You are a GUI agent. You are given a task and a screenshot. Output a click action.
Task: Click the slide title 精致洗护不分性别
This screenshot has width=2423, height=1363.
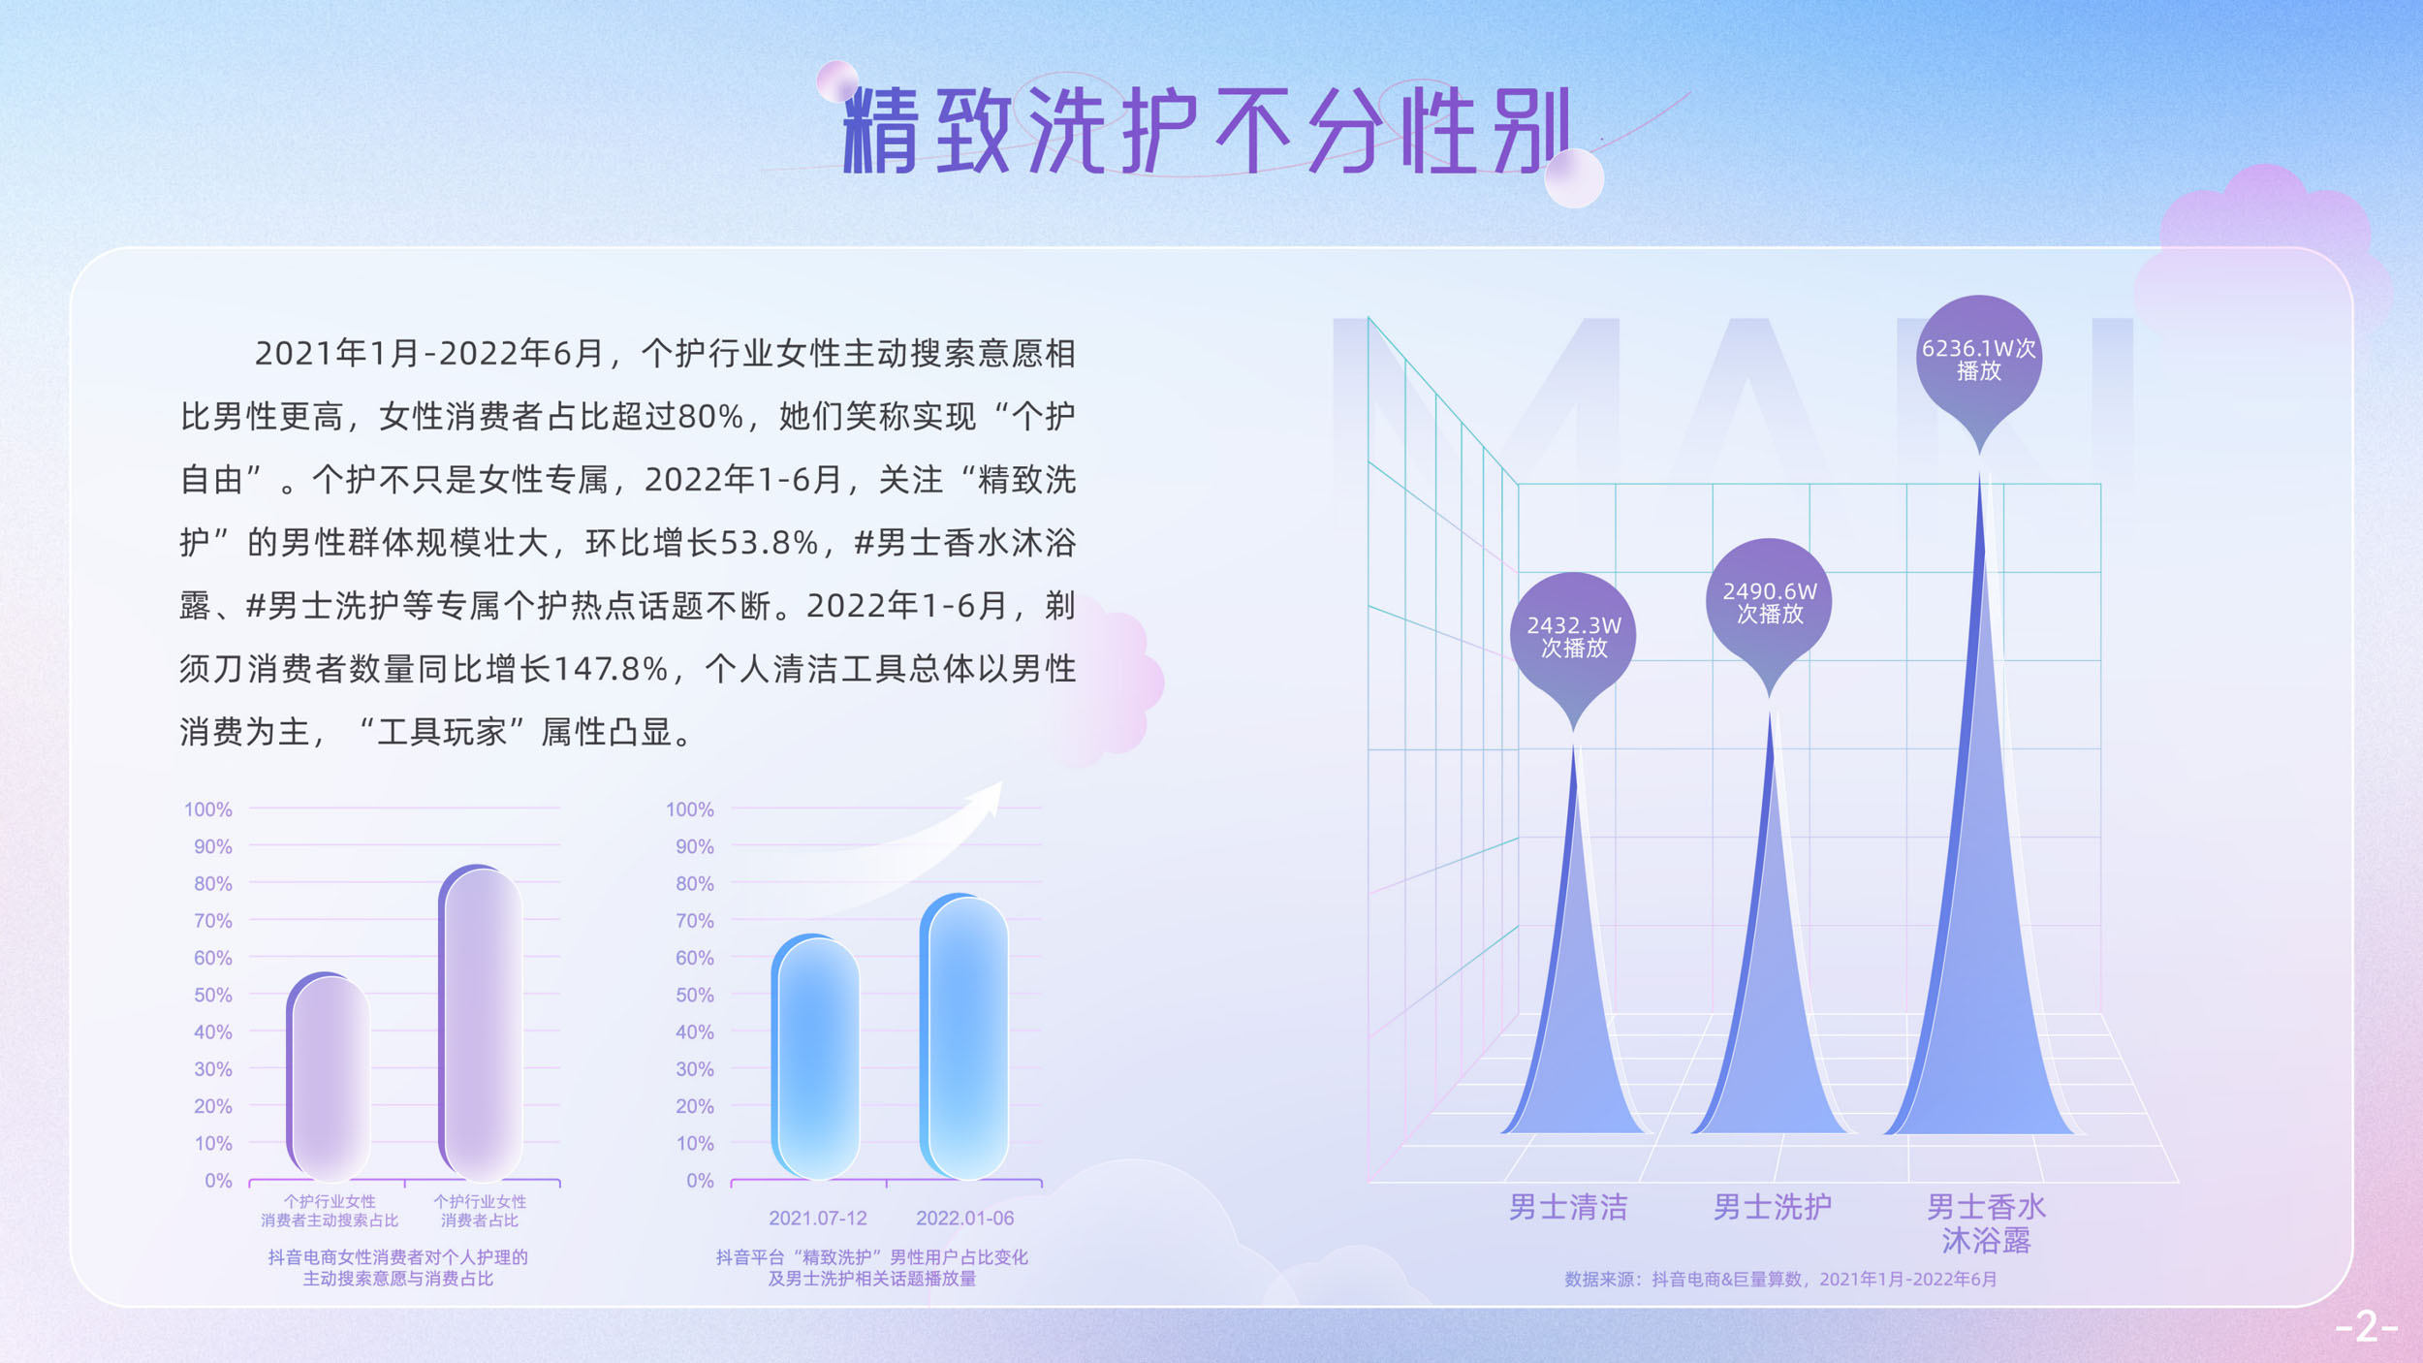tap(1207, 131)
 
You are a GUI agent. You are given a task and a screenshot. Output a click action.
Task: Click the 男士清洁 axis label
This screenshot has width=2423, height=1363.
tap(1568, 1207)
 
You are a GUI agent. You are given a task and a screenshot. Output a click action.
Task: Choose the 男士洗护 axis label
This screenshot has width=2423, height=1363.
tap(1773, 1207)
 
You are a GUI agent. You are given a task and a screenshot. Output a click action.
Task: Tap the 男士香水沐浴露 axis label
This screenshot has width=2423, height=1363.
tap(1986, 1223)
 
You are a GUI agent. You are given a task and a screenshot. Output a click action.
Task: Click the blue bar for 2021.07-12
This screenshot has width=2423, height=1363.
tap(815, 1057)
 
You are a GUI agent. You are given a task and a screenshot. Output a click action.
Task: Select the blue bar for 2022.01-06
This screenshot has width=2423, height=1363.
tap(964, 1036)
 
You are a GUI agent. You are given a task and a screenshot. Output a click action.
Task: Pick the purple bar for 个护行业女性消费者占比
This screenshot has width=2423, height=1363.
tap(480, 1022)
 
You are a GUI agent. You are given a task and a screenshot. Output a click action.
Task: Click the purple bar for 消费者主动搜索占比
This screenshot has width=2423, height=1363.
tap(329, 1075)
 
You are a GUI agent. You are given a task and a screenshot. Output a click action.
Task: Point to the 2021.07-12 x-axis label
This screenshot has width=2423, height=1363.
tap(817, 1218)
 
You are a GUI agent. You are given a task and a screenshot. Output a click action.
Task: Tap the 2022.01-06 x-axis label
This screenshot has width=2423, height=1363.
tap(964, 1218)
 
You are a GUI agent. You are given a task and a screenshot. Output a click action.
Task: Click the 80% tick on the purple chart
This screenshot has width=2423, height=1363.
tap(212, 883)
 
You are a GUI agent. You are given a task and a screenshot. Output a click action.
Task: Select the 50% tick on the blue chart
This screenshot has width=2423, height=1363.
tap(694, 995)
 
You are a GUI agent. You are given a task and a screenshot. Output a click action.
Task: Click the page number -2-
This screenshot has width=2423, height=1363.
tap(2366, 1326)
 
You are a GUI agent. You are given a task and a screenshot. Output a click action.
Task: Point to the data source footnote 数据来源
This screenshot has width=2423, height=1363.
tap(1780, 1280)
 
